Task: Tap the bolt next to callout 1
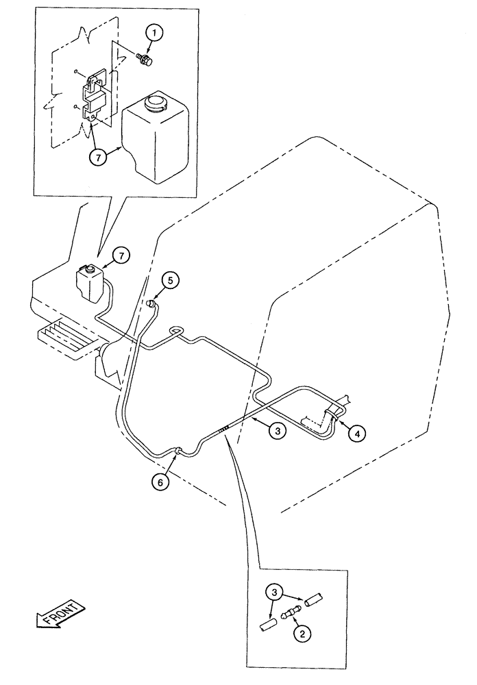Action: (x=144, y=61)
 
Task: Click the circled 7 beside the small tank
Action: (x=120, y=256)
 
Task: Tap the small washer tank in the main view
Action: (x=88, y=282)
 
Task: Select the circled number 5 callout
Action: (x=171, y=279)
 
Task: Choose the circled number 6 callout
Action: (x=160, y=482)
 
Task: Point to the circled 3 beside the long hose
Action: (x=276, y=431)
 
